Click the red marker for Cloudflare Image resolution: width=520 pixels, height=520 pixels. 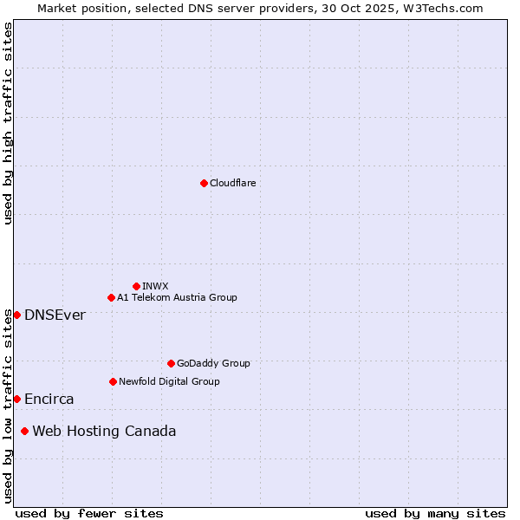pyautogui.click(x=204, y=183)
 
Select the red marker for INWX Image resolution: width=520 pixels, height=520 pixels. pyautogui.click(x=136, y=286)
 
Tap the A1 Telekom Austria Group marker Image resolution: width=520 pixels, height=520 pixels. pyautogui.click(x=111, y=297)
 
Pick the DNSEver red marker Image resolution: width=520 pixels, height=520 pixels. pyautogui.click(x=16, y=315)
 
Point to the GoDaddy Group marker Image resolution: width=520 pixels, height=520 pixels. pyautogui.click(x=171, y=363)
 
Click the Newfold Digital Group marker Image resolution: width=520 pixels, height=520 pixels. pyautogui.click(x=113, y=381)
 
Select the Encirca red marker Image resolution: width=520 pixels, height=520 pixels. pyautogui.click(x=16, y=399)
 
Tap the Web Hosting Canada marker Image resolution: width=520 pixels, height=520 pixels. pyautogui.click(x=24, y=431)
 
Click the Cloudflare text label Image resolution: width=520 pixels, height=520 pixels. pyautogui.click(x=232, y=183)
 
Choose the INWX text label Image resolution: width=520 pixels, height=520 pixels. pyautogui.click(x=155, y=286)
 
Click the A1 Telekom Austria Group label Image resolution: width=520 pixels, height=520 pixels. pyautogui.click(x=177, y=297)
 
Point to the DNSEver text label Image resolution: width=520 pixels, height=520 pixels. pyautogui.click(x=55, y=315)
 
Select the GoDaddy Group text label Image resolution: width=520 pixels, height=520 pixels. pyautogui.click(x=213, y=363)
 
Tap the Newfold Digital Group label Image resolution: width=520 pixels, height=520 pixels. pyautogui.click(x=169, y=381)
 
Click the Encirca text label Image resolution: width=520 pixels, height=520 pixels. pyautogui.click(x=49, y=399)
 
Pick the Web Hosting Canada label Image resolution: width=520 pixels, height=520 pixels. pyautogui.click(x=104, y=431)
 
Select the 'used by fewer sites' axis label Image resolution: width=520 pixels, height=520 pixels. pyautogui.click(x=89, y=513)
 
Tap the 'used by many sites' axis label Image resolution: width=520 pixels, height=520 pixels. pyautogui.click(x=435, y=513)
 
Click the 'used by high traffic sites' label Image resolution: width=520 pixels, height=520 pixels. pyautogui.click(x=8, y=123)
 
